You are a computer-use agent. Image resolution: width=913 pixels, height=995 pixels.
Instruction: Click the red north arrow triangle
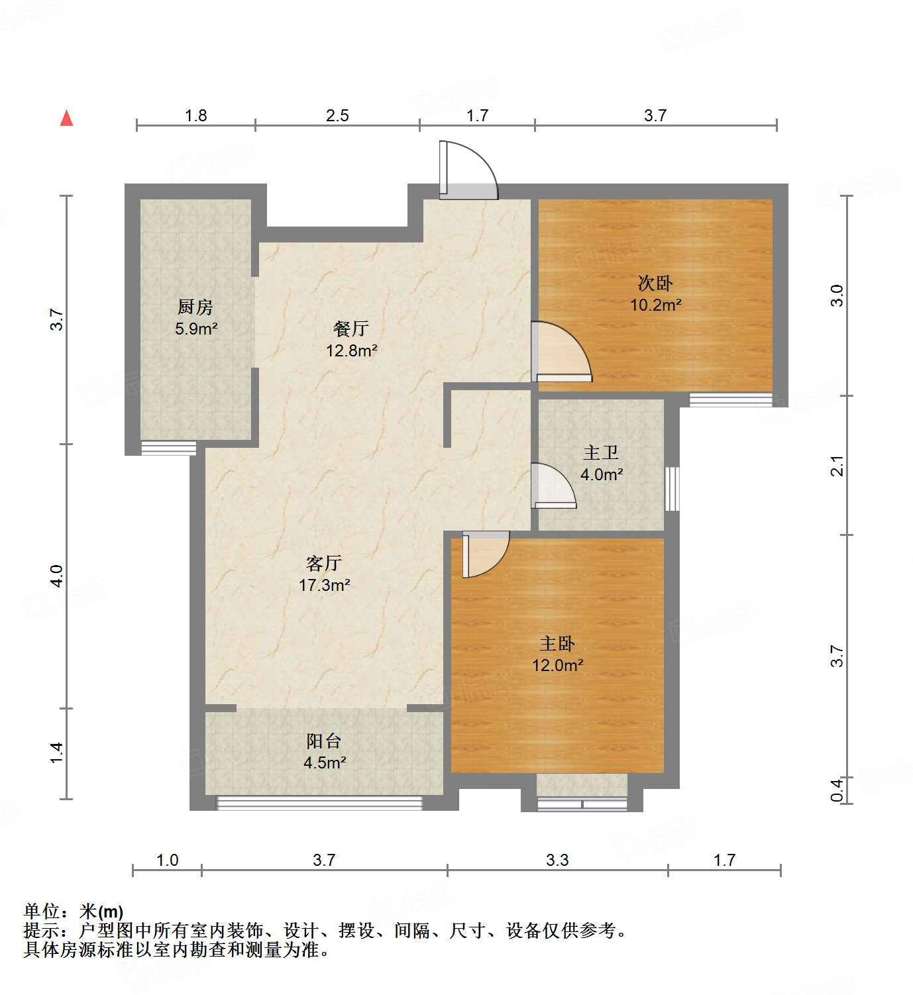[x=66, y=118]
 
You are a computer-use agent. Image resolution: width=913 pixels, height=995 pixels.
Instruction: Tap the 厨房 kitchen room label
[x=195, y=307]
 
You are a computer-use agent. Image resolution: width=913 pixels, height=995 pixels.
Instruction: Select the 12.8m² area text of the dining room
[x=351, y=350]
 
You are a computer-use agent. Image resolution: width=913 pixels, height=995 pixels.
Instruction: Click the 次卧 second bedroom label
[x=655, y=284]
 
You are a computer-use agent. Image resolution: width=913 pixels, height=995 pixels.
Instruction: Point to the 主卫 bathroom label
[x=601, y=453]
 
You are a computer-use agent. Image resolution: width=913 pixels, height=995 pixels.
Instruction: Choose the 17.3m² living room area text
[x=324, y=585]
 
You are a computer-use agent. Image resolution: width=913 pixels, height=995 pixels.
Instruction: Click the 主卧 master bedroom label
[x=557, y=643]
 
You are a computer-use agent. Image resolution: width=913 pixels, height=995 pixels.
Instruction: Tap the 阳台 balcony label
[x=324, y=741]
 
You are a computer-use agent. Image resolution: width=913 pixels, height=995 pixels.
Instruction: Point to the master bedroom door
[x=485, y=553]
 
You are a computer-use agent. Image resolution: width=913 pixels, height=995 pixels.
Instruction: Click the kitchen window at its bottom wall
[x=169, y=448]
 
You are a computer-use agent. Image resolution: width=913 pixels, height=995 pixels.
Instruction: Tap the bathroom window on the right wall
[x=672, y=489]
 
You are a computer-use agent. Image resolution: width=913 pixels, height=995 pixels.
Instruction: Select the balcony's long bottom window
[x=319, y=803]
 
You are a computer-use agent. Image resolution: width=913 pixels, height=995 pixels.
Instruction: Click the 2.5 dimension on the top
[x=337, y=115]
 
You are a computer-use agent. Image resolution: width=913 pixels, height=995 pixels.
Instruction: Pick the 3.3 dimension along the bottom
[x=557, y=860]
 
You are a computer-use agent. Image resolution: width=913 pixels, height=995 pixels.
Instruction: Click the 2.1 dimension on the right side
[x=837, y=466]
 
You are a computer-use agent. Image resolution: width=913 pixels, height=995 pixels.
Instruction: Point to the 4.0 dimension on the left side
[x=57, y=575]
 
